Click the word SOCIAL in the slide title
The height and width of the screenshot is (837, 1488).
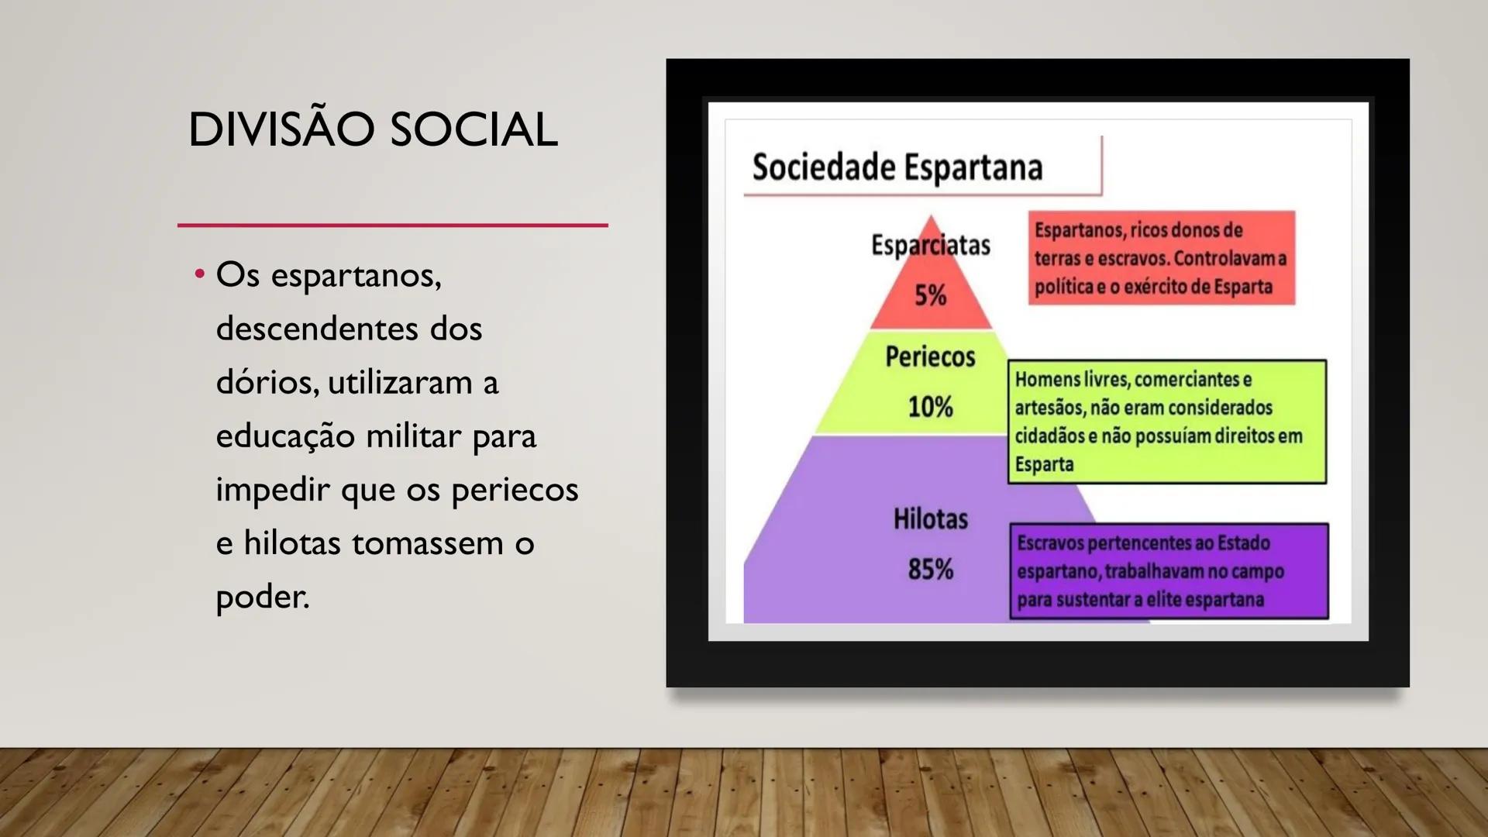(474, 129)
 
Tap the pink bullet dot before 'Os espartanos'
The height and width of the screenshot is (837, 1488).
(200, 274)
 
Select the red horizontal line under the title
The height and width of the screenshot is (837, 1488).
(392, 226)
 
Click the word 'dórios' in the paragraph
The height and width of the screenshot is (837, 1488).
(266, 382)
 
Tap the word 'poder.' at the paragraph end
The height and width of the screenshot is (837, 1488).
(263, 597)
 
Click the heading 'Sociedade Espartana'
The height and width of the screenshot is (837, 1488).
(897, 167)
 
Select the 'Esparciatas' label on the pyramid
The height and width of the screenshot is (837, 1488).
(931, 245)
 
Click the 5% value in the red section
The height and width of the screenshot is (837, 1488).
(930, 295)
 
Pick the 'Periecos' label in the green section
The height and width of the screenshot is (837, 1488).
(930, 356)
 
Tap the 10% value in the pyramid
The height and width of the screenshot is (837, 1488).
(930, 407)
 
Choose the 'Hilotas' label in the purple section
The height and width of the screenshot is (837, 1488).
(930, 518)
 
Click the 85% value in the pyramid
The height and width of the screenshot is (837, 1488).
(930, 570)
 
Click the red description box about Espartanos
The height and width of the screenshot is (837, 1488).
(1161, 258)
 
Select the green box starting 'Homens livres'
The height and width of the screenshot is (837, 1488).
(1166, 422)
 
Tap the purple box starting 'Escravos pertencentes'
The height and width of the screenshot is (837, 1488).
(1169, 571)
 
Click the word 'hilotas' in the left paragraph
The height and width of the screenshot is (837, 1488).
(292, 543)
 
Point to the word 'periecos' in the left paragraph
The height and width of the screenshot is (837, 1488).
(515, 490)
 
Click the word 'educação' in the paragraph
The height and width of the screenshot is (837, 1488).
(284, 436)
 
